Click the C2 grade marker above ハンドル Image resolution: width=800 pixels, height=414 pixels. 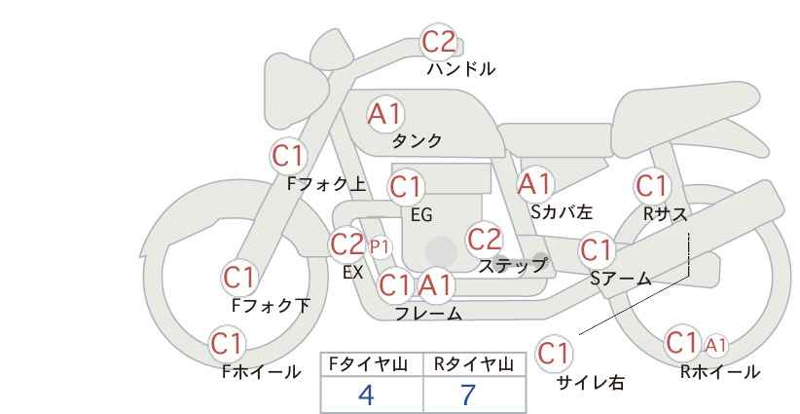pos(439,42)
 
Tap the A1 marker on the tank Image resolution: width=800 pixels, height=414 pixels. pos(385,114)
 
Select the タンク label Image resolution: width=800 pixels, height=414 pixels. pos(417,141)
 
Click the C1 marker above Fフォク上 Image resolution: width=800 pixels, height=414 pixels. pos(288,156)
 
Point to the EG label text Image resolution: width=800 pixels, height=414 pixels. pos(421,215)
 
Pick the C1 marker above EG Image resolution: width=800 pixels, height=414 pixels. pos(406,187)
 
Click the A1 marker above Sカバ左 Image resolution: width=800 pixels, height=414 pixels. pos(534,184)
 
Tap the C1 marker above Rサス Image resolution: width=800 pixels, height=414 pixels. pos(652,186)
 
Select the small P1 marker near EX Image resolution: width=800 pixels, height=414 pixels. pos(380,247)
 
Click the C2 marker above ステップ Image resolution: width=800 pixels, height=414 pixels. pos(484,240)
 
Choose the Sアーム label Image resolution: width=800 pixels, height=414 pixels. pos(621,279)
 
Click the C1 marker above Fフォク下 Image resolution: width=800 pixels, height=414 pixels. pos(238,278)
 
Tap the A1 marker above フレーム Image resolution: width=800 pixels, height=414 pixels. pos(436,284)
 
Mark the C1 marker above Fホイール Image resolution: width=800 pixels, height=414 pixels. pos(227,344)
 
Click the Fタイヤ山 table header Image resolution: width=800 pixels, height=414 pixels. pos(368,364)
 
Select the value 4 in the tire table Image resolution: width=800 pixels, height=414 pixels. pos(366,395)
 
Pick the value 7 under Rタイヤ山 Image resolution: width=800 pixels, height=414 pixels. pos(468,395)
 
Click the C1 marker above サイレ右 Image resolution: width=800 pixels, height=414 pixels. pos(554,353)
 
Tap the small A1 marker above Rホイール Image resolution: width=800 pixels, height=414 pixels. pos(716,346)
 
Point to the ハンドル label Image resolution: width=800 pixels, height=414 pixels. pos(461,69)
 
